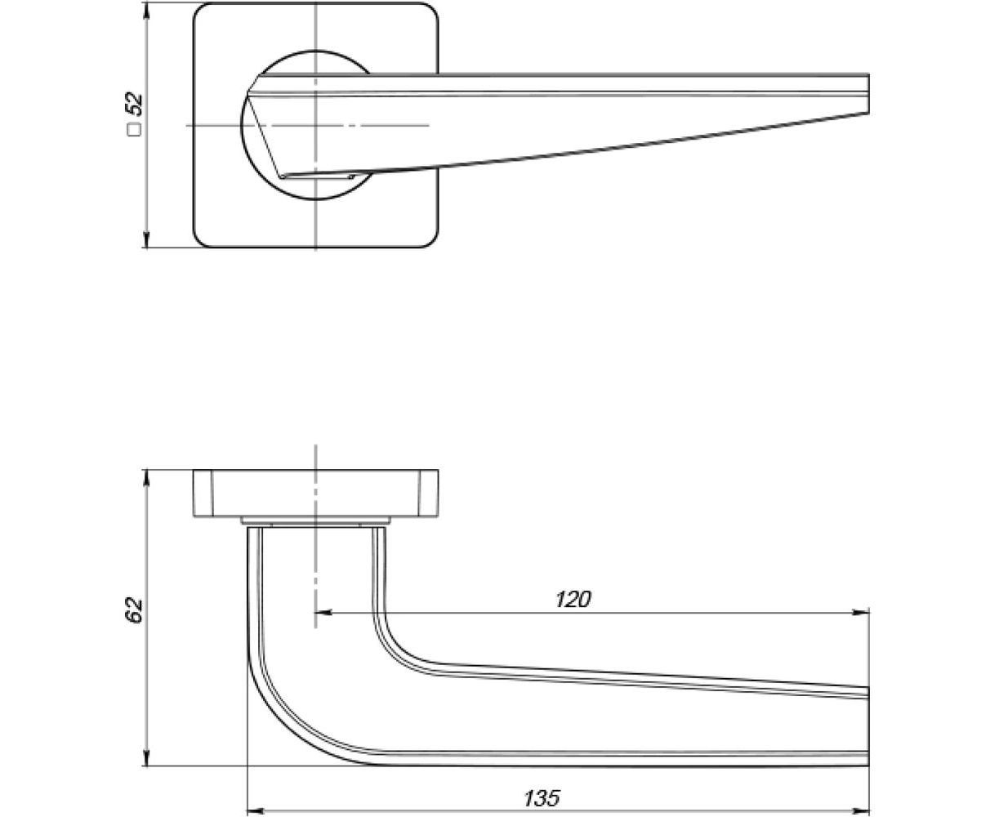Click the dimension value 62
134,609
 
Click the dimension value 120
572,600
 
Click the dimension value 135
542,797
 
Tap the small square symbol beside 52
134,128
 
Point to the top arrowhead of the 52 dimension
146,10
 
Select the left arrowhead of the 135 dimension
253,811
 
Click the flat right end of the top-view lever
867,94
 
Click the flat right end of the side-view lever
867,727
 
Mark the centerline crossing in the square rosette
315,125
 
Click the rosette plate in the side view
315,493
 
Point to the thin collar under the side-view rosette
315,520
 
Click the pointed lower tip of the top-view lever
280,176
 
